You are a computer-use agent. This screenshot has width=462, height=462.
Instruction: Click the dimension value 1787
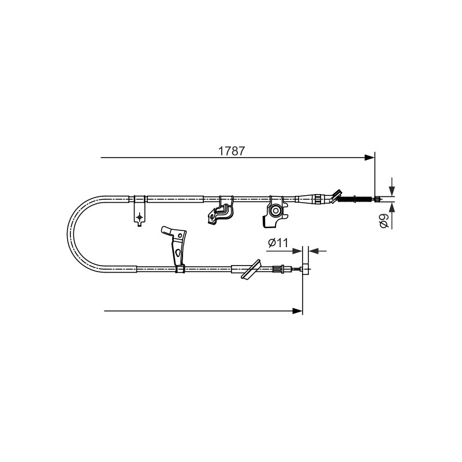pyautogui.click(x=232, y=151)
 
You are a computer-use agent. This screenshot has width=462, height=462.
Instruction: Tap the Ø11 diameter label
pyautogui.click(x=278, y=243)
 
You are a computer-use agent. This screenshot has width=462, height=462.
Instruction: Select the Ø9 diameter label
pyautogui.click(x=384, y=221)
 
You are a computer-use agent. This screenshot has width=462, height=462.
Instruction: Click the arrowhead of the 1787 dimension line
pyautogui.click(x=369, y=158)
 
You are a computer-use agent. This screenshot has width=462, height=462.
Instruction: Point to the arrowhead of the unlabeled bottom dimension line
pyautogui.click(x=297, y=311)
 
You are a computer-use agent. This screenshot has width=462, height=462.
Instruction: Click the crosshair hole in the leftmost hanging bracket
pyautogui.click(x=139, y=217)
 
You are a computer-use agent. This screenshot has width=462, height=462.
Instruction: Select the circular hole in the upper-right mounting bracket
pyautogui.click(x=276, y=211)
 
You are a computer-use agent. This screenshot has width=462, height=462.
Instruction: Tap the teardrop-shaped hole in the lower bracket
pyautogui.click(x=177, y=252)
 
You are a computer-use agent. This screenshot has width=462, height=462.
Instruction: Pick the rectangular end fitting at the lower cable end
pyautogui.click(x=306, y=269)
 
